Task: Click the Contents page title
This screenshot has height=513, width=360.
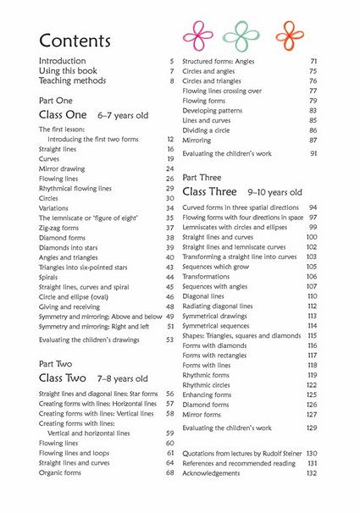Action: click(75, 40)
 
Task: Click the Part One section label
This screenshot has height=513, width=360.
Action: click(56, 101)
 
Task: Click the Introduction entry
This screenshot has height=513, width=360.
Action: click(62, 61)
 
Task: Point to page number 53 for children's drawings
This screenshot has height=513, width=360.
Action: click(170, 339)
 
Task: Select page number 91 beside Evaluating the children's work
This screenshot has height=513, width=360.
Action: click(313, 153)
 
